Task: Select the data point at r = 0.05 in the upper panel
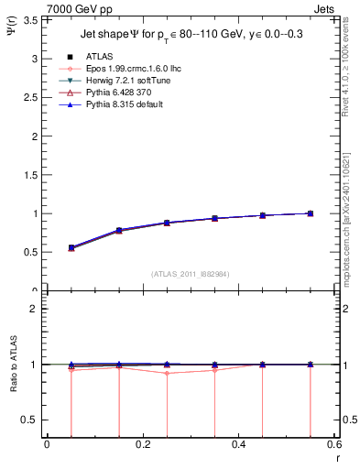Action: (x=71, y=247)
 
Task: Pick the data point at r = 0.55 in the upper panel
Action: (x=311, y=213)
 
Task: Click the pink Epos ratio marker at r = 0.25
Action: (x=167, y=373)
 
